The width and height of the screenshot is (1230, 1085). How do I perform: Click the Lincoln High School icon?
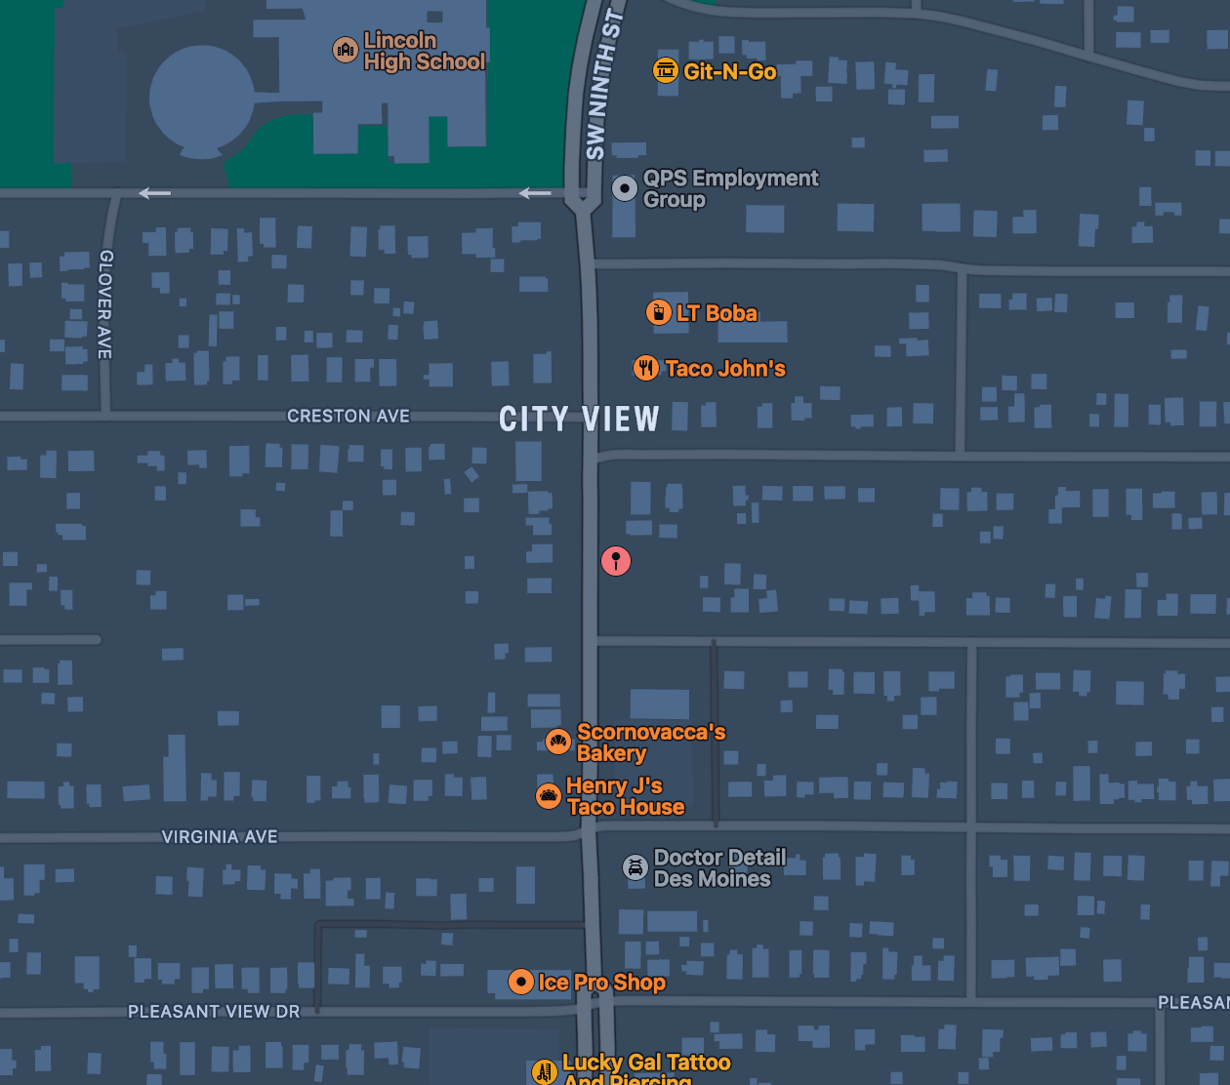click(346, 50)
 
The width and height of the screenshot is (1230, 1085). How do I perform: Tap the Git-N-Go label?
click(729, 71)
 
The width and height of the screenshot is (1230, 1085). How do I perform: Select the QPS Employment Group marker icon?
click(625, 188)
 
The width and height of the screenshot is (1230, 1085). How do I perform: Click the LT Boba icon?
click(659, 312)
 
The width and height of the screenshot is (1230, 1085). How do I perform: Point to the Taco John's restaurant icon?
click(646, 368)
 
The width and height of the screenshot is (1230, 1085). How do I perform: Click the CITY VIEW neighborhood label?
click(579, 420)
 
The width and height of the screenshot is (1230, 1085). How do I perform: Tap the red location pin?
click(616, 560)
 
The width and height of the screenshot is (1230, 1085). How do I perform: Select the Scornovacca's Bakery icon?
click(558, 742)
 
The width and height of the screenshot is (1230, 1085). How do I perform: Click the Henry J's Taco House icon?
click(549, 796)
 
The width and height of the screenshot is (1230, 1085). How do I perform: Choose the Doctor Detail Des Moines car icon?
click(635, 867)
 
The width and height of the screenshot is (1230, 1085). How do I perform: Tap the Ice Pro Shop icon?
click(521, 982)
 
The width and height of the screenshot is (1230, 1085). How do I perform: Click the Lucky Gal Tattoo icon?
click(545, 1071)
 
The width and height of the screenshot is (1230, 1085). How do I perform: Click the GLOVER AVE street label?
click(105, 304)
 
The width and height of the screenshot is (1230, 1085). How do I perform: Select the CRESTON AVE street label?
click(348, 416)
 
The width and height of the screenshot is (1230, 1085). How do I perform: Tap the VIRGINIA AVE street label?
click(220, 837)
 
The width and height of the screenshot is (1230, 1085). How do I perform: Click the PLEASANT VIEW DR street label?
click(214, 1012)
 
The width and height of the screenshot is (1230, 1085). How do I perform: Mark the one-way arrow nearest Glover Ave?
click(154, 193)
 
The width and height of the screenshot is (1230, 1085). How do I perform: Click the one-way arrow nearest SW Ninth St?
click(535, 193)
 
